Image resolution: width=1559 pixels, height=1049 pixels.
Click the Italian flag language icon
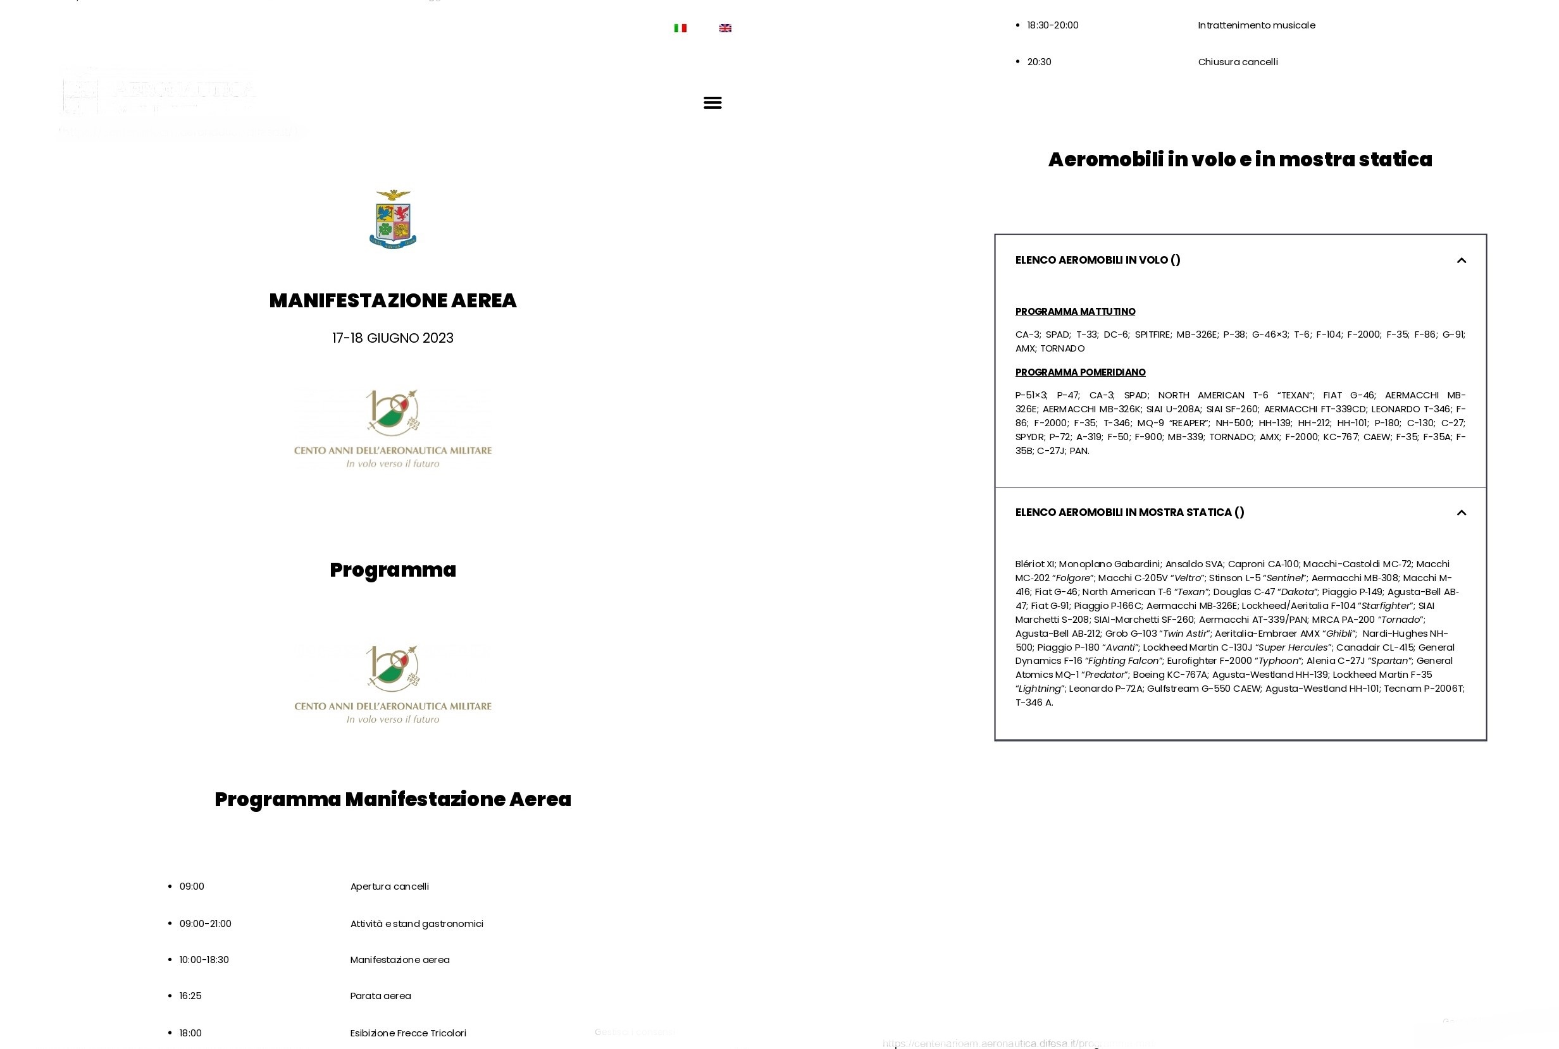[x=680, y=28]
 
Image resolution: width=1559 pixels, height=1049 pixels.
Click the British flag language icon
[x=725, y=28]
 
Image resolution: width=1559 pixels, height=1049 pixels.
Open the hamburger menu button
[x=712, y=102]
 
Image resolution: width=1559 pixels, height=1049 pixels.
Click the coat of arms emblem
[x=393, y=219]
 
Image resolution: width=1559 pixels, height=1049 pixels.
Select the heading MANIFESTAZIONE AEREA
[x=393, y=300]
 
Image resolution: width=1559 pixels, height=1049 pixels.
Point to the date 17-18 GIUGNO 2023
[x=393, y=338]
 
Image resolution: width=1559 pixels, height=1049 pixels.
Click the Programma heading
[x=393, y=570]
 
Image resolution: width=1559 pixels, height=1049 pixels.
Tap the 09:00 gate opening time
[x=192, y=886]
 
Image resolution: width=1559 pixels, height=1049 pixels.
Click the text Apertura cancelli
[x=390, y=886]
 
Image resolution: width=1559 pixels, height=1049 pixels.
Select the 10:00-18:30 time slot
[x=204, y=959]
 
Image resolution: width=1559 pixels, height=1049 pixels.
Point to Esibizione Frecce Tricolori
[x=408, y=1033]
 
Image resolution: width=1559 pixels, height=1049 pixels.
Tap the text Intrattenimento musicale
[x=1257, y=25]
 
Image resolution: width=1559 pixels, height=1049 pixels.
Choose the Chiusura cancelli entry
[x=1238, y=61]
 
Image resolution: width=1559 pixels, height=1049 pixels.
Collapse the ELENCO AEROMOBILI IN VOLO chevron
[x=1462, y=261]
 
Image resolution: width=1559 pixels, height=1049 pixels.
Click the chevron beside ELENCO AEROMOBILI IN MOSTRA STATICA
[x=1462, y=512]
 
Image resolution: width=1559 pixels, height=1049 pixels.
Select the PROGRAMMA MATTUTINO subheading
[x=1075, y=312]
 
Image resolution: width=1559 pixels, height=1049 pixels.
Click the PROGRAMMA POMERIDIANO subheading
[x=1081, y=372]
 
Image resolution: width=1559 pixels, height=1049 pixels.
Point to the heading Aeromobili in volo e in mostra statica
[x=1239, y=159]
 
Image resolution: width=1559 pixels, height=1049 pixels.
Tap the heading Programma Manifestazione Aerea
[x=393, y=799]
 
